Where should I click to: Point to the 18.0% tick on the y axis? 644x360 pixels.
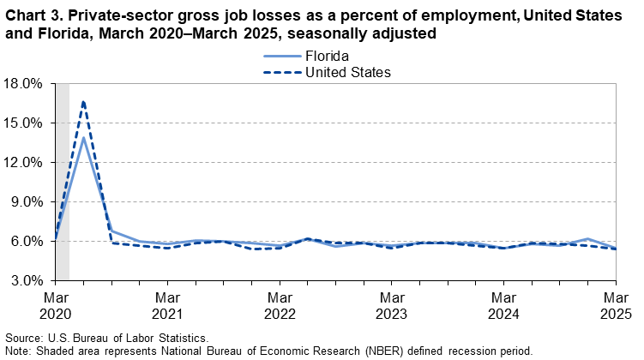[x=24, y=84]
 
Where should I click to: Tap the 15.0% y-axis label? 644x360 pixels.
[x=24, y=123]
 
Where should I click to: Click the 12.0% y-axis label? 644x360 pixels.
[x=24, y=163]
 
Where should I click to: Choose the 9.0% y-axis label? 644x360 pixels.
[x=27, y=202]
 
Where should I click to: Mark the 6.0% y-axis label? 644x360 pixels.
[x=27, y=242]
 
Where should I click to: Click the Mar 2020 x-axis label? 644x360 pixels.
[x=56, y=304]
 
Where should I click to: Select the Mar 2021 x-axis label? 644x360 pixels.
[x=168, y=304]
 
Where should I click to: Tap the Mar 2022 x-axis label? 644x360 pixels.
[x=280, y=304]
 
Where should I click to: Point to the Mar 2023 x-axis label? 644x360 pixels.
[x=392, y=304]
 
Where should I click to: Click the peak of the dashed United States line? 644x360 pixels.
[x=83, y=101]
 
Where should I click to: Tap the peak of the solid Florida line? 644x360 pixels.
[x=83, y=138]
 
